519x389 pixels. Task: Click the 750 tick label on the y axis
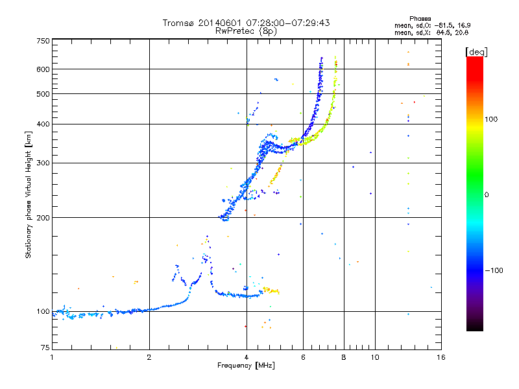[43, 41]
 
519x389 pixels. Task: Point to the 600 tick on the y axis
[43, 69]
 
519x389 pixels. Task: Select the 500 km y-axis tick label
[43, 94]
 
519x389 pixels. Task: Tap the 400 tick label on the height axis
[43, 124]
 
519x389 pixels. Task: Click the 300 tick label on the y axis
[43, 163]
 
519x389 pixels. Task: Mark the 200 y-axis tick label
[43, 218]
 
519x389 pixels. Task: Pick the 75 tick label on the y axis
[45, 348]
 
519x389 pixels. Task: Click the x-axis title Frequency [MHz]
[246, 366]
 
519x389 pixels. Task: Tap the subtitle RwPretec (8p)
[246, 30]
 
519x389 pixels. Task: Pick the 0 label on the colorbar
[487, 194]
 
